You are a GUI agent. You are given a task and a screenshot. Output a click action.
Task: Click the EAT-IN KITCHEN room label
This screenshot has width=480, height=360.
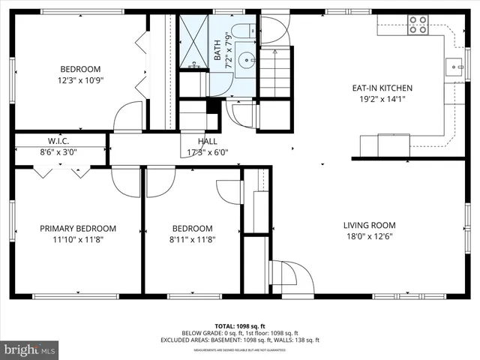pyautogui.click(x=382, y=88)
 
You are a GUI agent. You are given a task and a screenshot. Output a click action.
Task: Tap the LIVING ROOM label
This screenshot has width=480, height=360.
pyautogui.click(x=369, y=225)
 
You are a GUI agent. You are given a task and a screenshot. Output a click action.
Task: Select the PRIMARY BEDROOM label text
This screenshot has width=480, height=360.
pyautogui.click(x=78, y=229)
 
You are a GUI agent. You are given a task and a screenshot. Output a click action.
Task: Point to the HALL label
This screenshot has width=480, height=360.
pyautogui.click(x=208, y=142)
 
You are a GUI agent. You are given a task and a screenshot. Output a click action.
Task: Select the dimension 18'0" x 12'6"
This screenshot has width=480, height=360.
pyautogui.click(x=369, y=237)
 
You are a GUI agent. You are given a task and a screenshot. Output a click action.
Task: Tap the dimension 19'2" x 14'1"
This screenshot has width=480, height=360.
pyautogui.click(x=382, y=99)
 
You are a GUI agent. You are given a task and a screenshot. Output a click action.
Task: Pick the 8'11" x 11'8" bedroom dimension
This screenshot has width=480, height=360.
pyautogui.click(x=192, y=240)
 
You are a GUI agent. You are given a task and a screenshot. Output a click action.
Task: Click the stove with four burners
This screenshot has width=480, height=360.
pyautogui.click(x=418, y=28)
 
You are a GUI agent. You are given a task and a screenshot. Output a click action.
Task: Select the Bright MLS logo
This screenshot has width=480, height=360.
pyautogui.click(x=30, y=349)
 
